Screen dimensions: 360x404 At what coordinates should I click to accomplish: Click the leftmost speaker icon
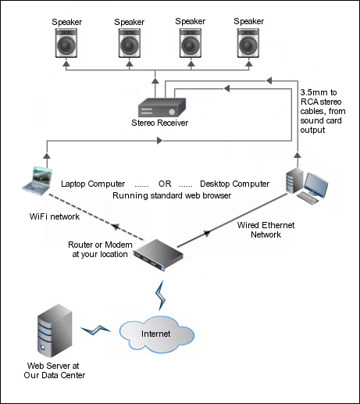[x=66, y=43]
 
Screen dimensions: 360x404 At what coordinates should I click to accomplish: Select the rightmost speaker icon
[x=248, y=43]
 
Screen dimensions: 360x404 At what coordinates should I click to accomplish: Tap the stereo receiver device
[x=162, y=108]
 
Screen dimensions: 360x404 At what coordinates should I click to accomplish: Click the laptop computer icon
[x=37, y=181]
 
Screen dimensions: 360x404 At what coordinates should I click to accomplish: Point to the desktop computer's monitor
[x=316, y=184]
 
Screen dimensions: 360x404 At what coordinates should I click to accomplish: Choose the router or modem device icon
[x=159, y=255]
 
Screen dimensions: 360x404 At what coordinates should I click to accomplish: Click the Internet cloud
[x=157, y=334]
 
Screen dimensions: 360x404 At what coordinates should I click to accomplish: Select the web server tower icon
[x=55, y=331]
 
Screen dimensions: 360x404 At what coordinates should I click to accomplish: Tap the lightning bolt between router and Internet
[x=160, y=295]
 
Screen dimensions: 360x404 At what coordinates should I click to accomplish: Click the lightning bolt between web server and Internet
[x=95, y=330]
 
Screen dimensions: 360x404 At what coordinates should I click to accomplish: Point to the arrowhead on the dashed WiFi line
[x=116, y=227]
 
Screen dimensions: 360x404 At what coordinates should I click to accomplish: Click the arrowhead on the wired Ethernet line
[x=207, y=233]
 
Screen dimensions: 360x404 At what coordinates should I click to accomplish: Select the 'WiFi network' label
[x=55, y=216]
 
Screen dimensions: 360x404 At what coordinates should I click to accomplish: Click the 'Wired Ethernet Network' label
[x=266, y=230]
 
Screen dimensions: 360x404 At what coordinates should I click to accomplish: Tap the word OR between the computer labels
[x=165, y=184]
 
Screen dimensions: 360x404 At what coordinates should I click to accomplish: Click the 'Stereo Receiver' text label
[x=159, y=123]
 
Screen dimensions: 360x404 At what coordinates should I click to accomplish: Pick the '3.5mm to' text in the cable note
[x=319, y=92]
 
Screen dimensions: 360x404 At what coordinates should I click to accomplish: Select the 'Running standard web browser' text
[x=172, y=195]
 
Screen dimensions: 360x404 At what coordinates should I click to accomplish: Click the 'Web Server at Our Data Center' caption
[x=55, y=370]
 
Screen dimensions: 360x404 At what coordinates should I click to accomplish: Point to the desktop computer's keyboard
[x=308, y=198]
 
